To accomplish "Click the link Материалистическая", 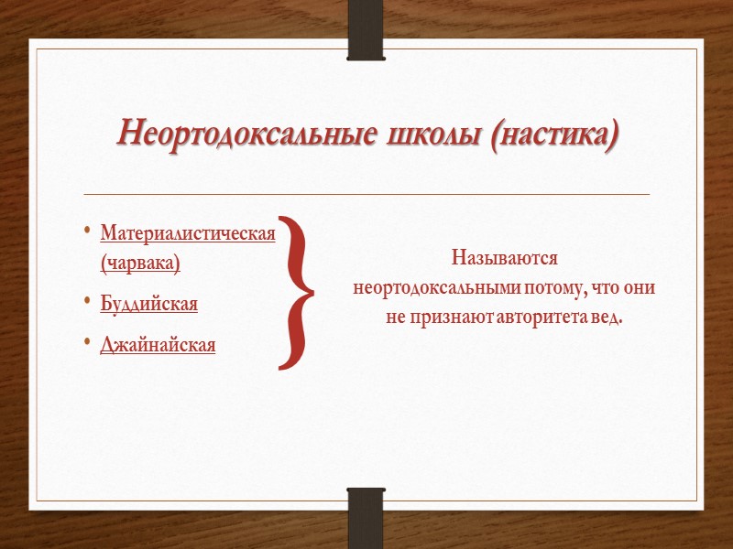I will click(x=188, y=234).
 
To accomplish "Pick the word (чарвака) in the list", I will click(x=140, y=263).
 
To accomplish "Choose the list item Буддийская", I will click(x=148, y=304).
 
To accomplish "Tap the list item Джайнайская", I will click(x=158, y=345).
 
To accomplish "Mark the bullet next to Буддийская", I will click(x=86, y=300).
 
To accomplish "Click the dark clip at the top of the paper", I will click(x=366, y=30).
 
